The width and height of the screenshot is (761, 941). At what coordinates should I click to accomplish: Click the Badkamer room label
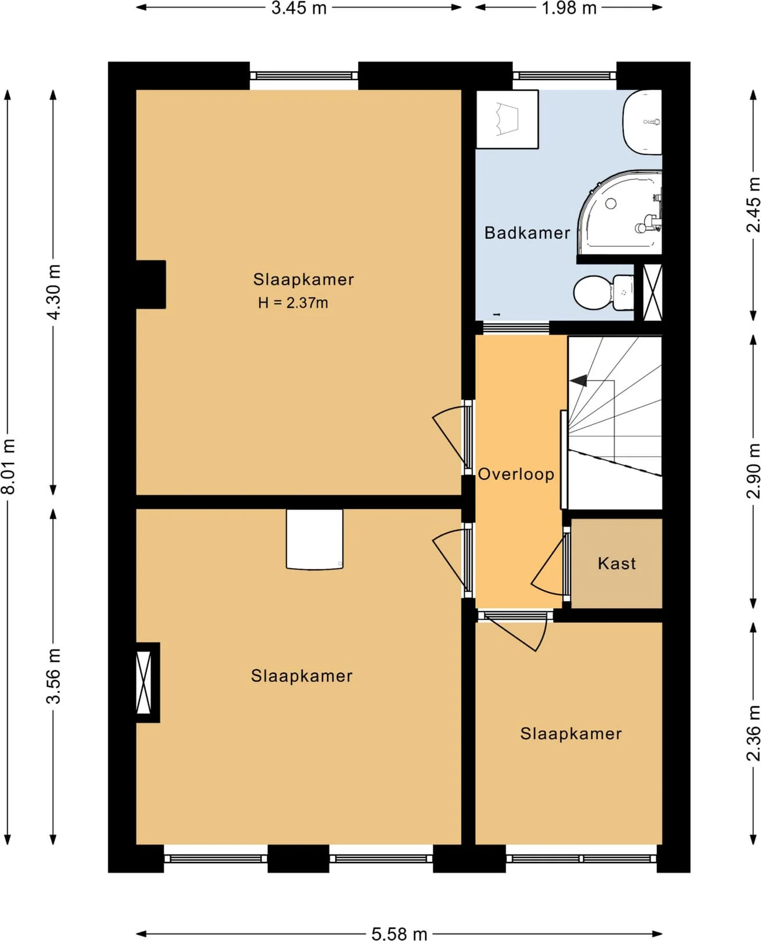coord(527,233)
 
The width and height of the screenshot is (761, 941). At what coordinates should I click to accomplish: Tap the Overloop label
coord(516,474)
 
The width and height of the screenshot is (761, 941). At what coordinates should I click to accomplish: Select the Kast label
coord(616,563)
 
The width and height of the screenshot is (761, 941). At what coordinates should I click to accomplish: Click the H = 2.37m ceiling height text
coord(293,303)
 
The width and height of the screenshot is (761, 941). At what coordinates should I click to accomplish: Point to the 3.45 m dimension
coord(299,8)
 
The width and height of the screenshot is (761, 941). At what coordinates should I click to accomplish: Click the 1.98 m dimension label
coord(569,8)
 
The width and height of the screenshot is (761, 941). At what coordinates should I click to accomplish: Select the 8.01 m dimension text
coord(9,466)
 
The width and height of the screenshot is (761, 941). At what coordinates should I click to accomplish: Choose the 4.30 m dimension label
coord(54,292)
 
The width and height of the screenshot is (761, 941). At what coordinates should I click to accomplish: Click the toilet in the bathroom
coord(604,292)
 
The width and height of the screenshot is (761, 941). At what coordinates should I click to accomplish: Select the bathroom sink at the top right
coord(642,122)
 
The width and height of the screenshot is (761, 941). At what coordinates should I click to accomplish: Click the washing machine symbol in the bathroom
coord(507,119)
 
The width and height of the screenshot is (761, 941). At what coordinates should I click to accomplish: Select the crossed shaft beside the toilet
coord(652,292)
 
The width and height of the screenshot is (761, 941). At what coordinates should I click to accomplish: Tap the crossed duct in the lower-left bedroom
coord(143,682)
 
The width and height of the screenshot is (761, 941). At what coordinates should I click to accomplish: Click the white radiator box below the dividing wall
coord(314,539)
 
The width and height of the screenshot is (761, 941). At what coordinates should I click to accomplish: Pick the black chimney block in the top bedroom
coord(150,285)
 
